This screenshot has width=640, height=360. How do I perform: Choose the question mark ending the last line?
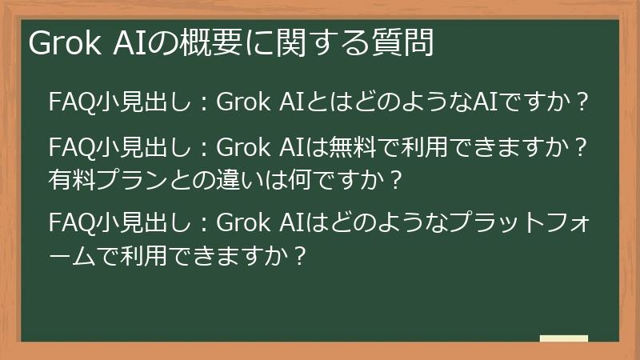pyautogui.click(x=298, y=255)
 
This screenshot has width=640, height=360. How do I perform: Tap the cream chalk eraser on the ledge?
pyautogui.click(x=563, y=338)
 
